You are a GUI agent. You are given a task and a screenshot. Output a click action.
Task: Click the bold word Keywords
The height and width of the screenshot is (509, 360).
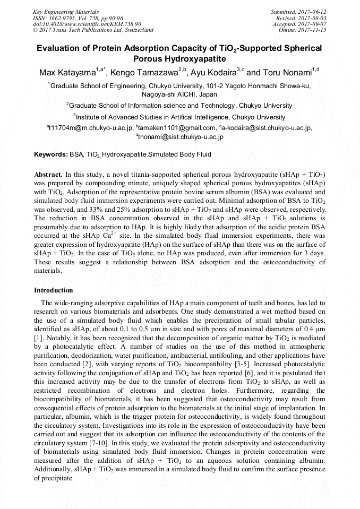pyautogui.click(x=50, y=154)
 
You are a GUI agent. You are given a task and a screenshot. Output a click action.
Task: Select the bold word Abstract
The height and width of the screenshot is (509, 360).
pyautogui.click(x=48, y=174)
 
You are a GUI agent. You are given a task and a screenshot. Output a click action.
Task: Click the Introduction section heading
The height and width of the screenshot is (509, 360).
pyautogui.click(x=54, y=290)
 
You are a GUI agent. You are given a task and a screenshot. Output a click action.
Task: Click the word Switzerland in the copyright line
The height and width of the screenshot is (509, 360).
pyautogui.click(x=135, y=30)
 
